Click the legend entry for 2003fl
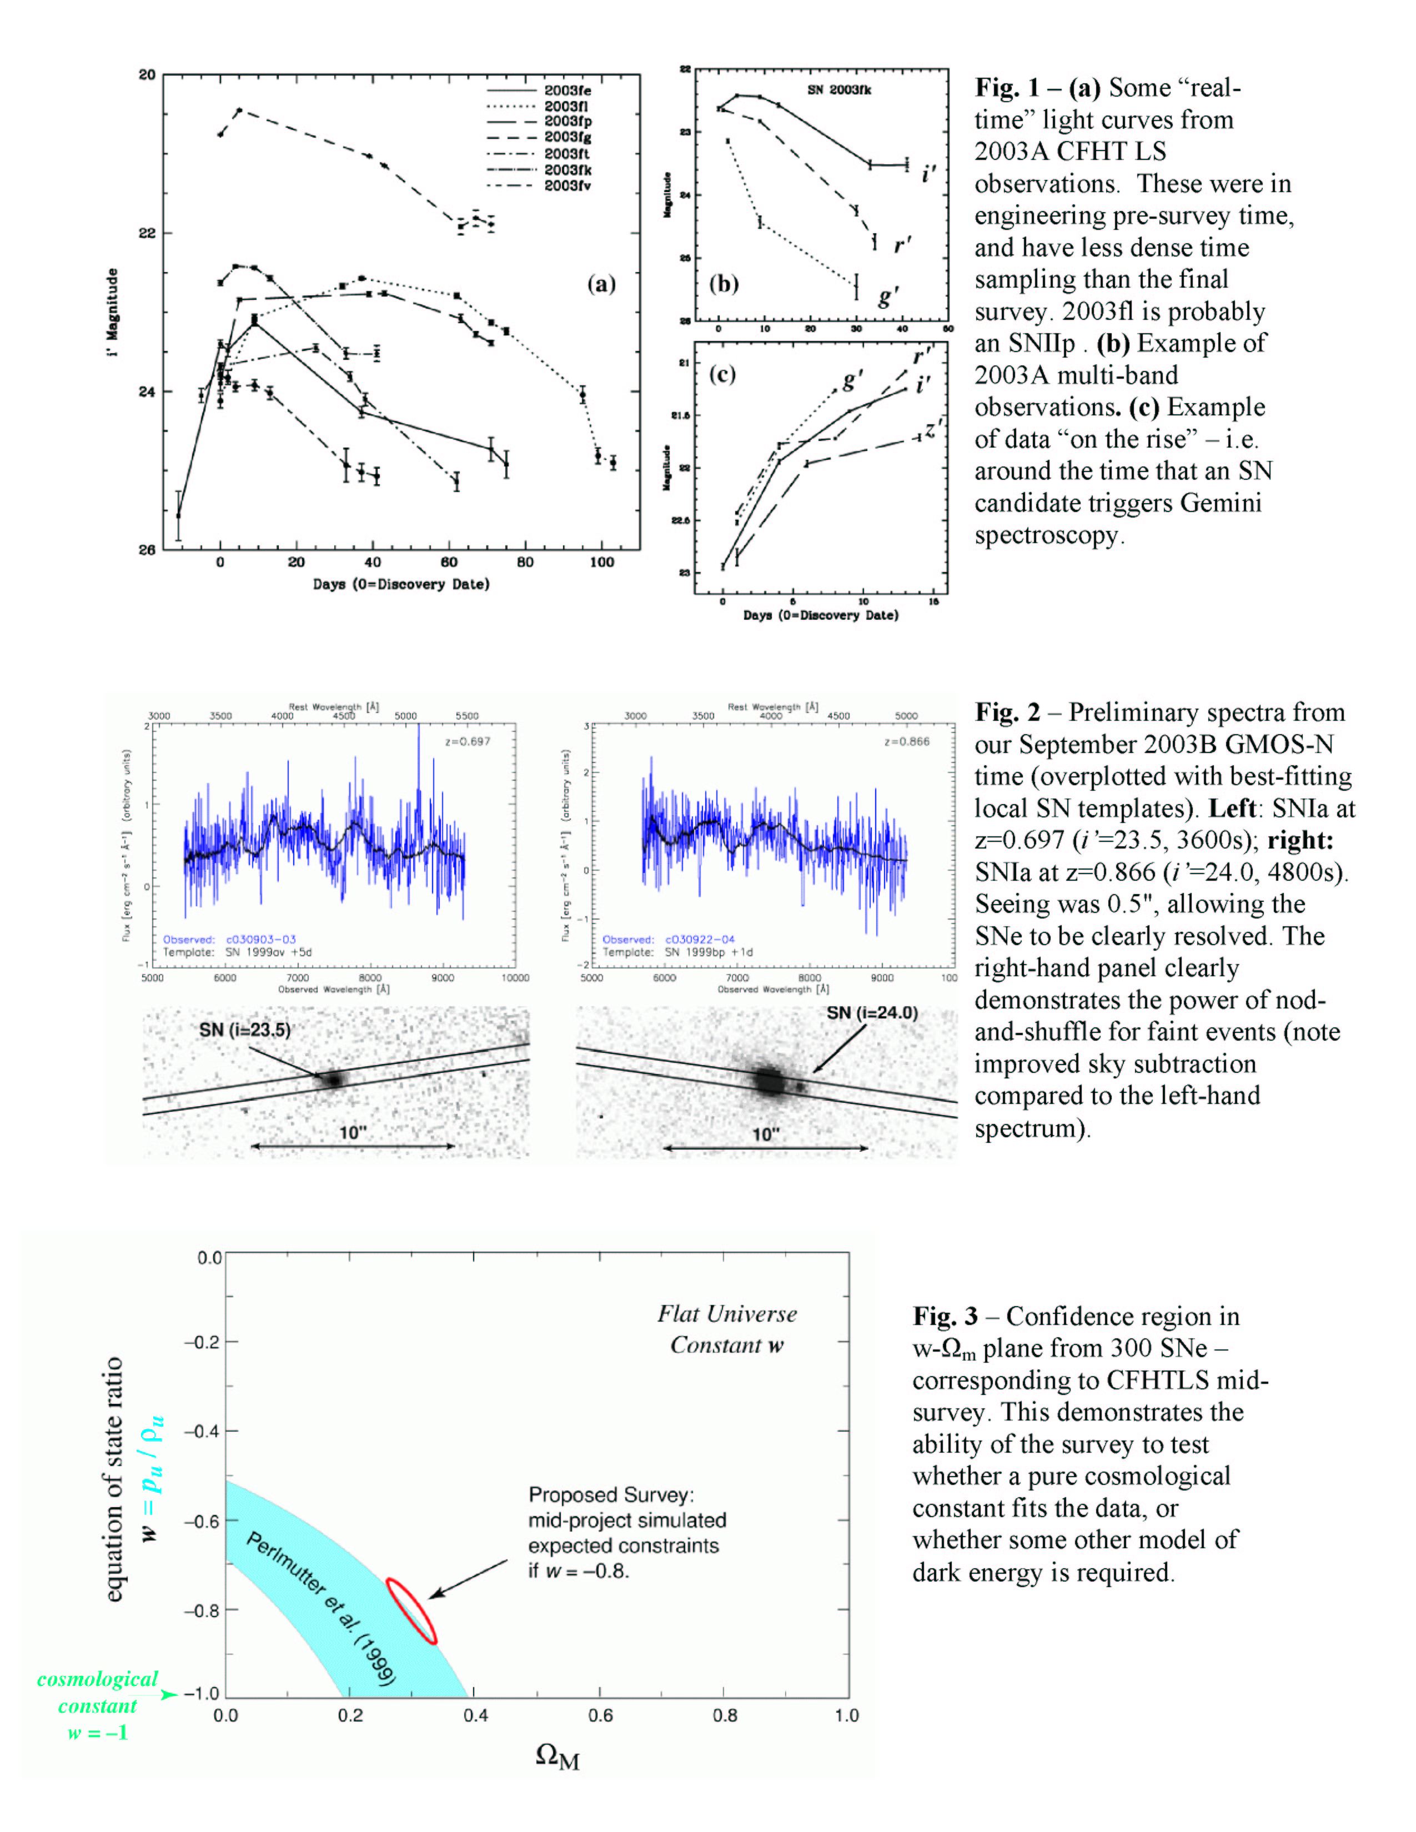(x=566, y=106)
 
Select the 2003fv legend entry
(x=566, y=185)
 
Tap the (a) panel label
(x=601, y=284)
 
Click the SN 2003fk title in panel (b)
(x=839, y=90)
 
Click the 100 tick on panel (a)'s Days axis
(x=601, y=562)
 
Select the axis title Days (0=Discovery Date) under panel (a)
(x=401, y=584)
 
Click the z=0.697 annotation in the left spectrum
(x=467, y=741)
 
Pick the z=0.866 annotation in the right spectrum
(x=907, y=741)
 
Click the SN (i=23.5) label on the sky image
(x=244, y=1029)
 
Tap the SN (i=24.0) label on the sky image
(x=872, y=1012)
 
